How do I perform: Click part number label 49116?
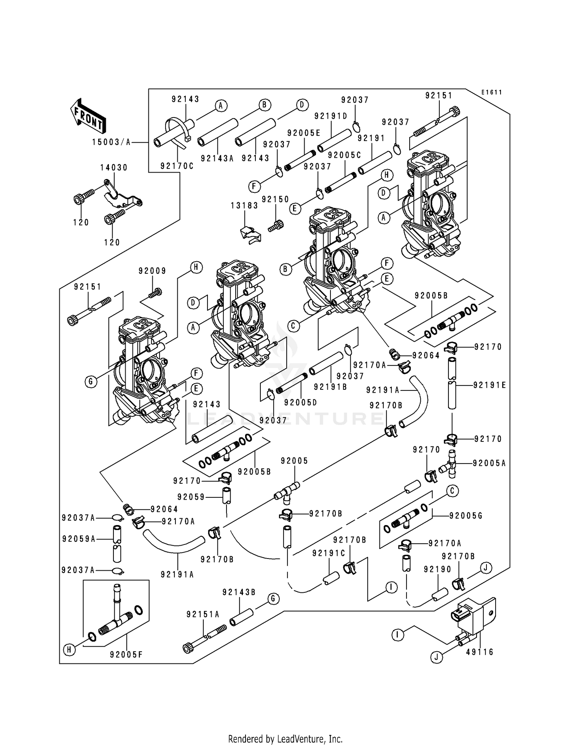click(480, 652)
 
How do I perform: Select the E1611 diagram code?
click(491, 92)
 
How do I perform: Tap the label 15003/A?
click(111, 142)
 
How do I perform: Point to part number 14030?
click(114, 168)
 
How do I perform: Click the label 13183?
click(244, 206)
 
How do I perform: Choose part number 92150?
click(276, 200)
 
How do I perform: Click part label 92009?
click(152, 271)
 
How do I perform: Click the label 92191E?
click(490, 385)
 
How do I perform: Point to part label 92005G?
click(466, 516)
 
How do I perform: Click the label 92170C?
click(177, 166)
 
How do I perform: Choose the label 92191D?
click(331, 116)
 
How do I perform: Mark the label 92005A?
click(489, 463)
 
